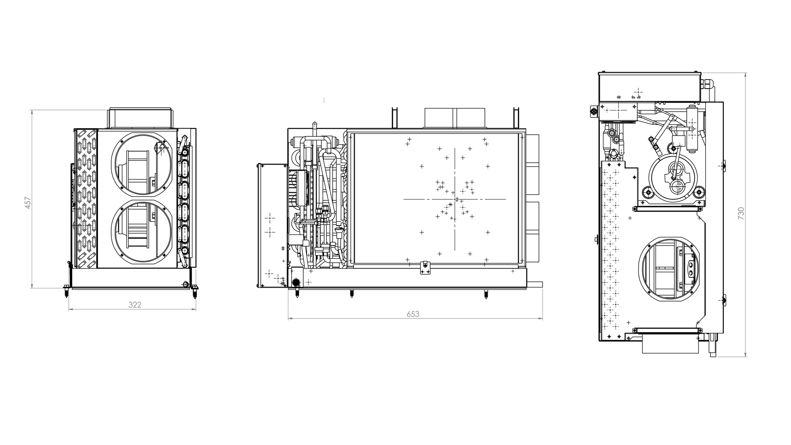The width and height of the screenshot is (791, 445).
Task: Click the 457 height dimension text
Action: tap(28, 203)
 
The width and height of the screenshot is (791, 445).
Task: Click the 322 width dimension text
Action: tap(135, 305)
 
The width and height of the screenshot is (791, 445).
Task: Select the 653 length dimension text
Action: tap(413, 314)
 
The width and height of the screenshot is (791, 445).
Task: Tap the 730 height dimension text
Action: tap(741, 213)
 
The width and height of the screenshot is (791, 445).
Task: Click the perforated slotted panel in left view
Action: tap(87, 199)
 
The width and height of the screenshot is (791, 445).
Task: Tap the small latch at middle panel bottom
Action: tap(424, 267)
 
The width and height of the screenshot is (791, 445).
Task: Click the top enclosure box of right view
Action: tap(629, 87)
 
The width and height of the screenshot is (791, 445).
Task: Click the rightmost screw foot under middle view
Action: tap(486, 295)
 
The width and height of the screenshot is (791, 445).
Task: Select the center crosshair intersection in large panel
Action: tap(455, 199)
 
